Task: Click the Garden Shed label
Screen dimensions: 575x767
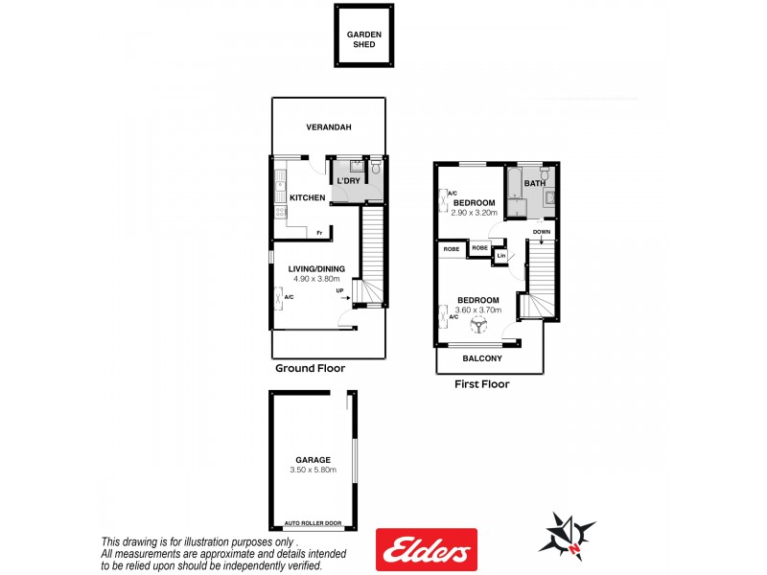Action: (x=364, y=39)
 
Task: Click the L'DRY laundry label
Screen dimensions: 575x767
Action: (x=346, y=180)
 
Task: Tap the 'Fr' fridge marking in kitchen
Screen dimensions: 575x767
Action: (x=318, y=233)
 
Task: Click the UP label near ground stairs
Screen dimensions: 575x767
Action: (x=340, y=291)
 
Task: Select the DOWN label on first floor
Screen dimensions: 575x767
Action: (x=542, y=232)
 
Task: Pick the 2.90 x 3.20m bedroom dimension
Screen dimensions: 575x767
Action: (x=475, y=213)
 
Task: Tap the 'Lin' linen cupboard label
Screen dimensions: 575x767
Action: (x=501, y=256)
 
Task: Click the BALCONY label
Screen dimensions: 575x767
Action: (x=482, y=358)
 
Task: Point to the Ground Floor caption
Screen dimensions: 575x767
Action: (x=310, y=368)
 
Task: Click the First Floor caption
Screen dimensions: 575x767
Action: (x=481, y=384)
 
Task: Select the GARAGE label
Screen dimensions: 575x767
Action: (x=313, y=460)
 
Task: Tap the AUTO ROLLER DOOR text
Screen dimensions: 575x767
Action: (x=312, y=524)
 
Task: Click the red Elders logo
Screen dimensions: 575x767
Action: (x=427, y=550)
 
